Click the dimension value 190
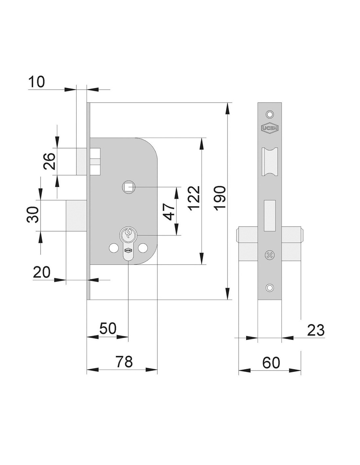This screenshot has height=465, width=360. tap(221, 198)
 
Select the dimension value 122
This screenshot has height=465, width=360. tap(194, 198)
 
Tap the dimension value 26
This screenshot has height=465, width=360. tap(50, 161)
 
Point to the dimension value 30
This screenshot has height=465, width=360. tap(32, 215)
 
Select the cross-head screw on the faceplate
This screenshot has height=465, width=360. tap(270, 255)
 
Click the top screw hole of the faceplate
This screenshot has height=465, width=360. tap(270, 114)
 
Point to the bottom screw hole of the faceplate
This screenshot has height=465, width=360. tap(270, 287)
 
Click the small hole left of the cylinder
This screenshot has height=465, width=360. tap(114, 248)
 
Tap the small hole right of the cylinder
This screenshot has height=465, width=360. tap(143, 248)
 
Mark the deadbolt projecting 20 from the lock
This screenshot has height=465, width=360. tap(76, 215)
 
